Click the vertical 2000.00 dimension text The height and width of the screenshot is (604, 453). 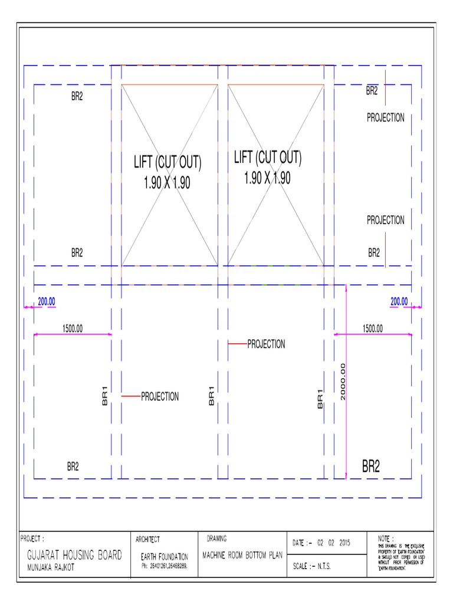click(x=343, y=382)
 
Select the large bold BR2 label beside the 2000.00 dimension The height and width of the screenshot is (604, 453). click(x=371, y=468)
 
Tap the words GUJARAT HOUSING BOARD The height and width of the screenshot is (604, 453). click(x=74, y=555)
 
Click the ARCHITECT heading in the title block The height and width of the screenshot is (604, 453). click(x=148, y=539)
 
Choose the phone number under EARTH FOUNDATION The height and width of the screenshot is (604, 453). click(x=164, y=566)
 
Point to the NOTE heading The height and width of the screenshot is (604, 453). click(x=386, y=538)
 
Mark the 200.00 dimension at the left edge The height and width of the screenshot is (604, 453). click(x=47, y=301)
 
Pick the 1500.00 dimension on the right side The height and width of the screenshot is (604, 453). click(x=372, y=329)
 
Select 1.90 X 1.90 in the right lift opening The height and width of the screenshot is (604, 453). click(x=267, y=178)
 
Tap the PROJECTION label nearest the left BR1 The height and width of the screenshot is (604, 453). click(x=159, y=397)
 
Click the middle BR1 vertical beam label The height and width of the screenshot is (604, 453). click(x=211, y=395)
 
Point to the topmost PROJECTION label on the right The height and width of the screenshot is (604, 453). click(x=386, y=118)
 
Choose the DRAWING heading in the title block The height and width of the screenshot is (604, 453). click(x=218, y=539)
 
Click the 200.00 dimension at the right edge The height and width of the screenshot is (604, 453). click(x=399, y=301)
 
